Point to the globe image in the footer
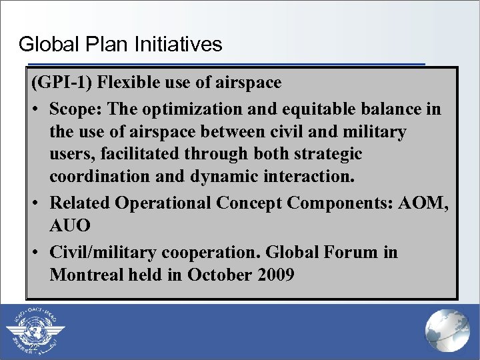[447, 331]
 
